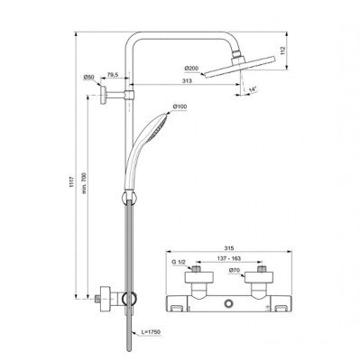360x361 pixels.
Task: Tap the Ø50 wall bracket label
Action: [89, 78]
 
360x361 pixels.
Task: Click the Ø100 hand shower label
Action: [180, 107]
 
